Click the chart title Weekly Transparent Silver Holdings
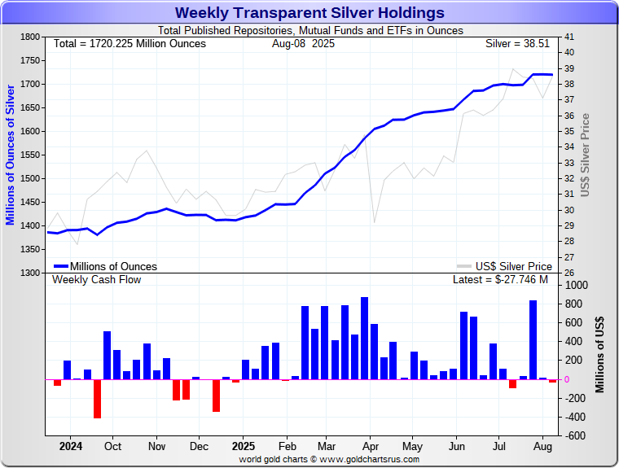[x=309, y=12]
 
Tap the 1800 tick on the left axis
[x=29, y=37]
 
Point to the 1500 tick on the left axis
[x=29, y=178]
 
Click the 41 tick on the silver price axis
[x=569, y=37]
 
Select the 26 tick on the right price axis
[x=569, y=273]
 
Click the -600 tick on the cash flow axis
[x=574, y=435]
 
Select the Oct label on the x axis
[x=112, y=447]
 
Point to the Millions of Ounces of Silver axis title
[x=11, y=155]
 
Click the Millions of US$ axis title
[x=601, y=355]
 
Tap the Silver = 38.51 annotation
[x=519, y=43]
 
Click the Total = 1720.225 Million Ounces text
[x=130, y=43]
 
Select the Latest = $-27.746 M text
[x=500, y=280]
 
